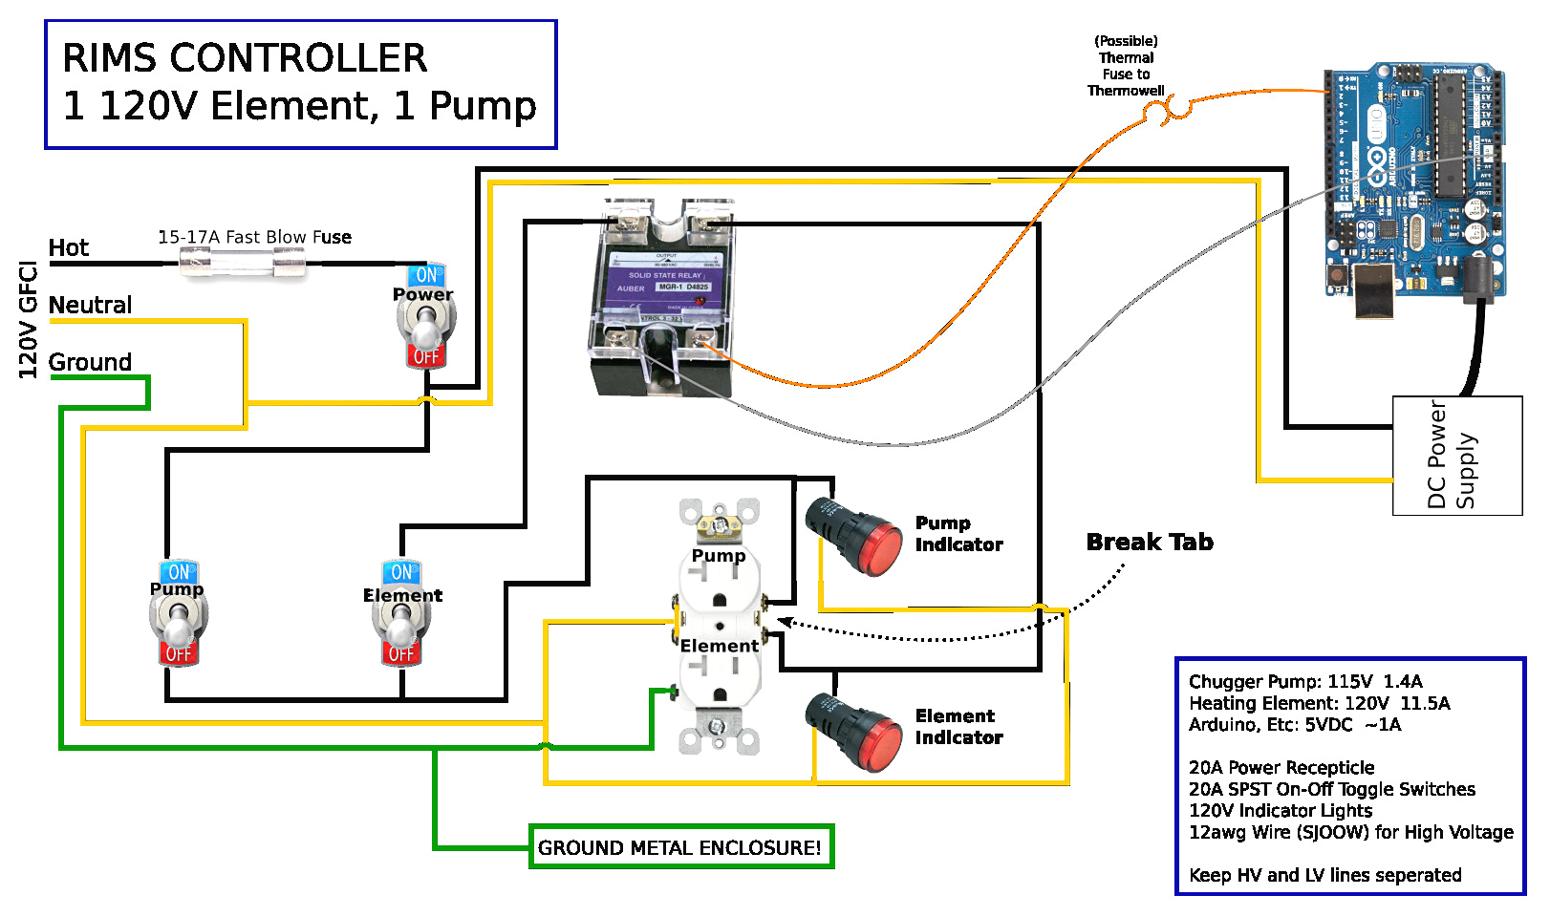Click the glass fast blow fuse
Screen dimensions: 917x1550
(x=244, y=262)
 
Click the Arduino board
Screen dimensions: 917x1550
(x=1412, y=181)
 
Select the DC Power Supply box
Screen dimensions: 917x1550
(x=1456, y=456)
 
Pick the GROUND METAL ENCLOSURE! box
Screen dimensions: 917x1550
(x=681, y=847)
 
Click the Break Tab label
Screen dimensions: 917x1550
(x=1150, y=543)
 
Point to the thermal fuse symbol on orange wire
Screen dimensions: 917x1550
(x=1168, y=111)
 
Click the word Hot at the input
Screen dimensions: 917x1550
(x=69, y=248)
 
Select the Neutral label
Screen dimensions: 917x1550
(x=91, y=306)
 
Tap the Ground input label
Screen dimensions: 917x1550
(x=91, y=363)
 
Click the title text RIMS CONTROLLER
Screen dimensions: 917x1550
(x=245, y=59)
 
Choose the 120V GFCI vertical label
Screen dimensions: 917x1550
(x=29, y=320)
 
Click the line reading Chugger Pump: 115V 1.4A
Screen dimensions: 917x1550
(x=1305, y=682)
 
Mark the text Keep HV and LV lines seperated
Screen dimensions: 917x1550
(x=1325, y=875)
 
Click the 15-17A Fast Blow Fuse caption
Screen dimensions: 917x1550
(x=254, y=237)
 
